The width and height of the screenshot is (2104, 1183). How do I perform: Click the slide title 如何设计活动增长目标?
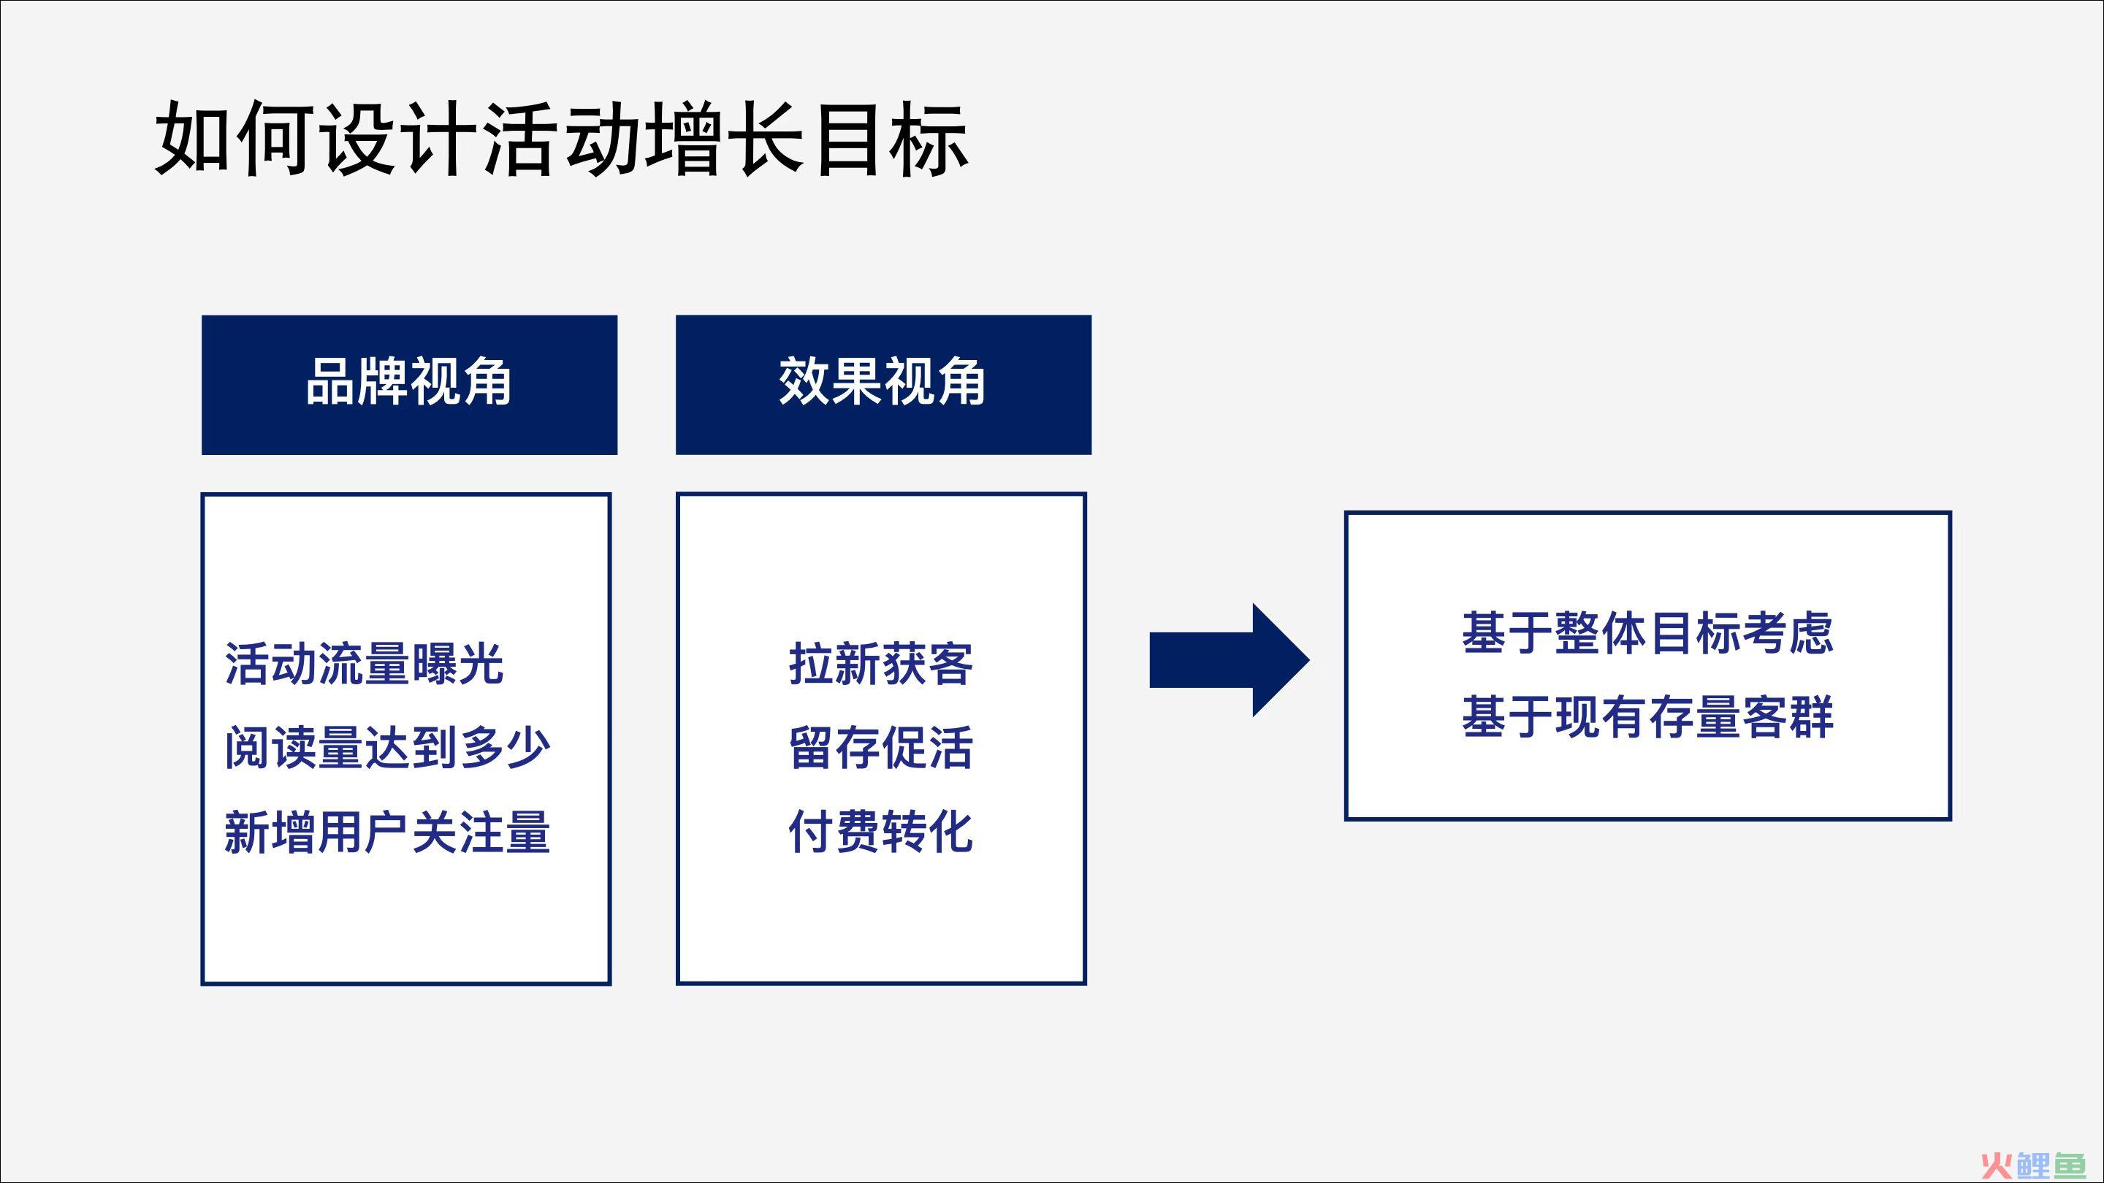click(x=562, y=138)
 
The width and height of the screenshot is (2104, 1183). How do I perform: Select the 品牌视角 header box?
click(x=409, y=385)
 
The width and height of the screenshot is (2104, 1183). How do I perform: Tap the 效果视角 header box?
click(x=883, y=385)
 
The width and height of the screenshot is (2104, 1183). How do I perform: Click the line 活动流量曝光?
click(x=365, y=663)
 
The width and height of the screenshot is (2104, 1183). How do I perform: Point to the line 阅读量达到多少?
click(x=387, y=747)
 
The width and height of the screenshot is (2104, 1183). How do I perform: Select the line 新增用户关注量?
click(x=387, y=832)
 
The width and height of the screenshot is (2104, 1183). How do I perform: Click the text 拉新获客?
click(x=881, y=663)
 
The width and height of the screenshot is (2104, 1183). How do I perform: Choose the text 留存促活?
click(x=881, y=747)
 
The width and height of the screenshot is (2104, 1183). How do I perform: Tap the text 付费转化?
click(x=881, y=832)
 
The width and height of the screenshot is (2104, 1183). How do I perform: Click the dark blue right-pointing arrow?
click(x=1230, y=660)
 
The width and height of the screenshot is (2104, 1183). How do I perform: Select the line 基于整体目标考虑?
click(x=1648, y=632)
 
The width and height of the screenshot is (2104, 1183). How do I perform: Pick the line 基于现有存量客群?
click(x=1648, y=717)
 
